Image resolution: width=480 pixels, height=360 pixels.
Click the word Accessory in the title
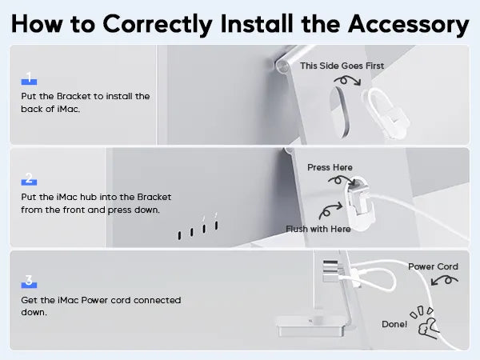[x=408, y=24]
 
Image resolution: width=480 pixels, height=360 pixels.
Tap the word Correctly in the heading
[x=158, y=25]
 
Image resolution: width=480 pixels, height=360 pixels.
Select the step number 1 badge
[x=29, y=78]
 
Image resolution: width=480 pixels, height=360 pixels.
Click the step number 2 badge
[x=29, y=178]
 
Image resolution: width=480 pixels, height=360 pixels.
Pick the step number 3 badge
[x=29, y=282]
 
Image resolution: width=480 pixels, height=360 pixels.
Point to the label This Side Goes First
[x=342, y=66]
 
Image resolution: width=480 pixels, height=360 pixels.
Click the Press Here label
[x=330, y=167]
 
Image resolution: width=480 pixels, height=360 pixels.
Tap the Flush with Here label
[x=318, y=229]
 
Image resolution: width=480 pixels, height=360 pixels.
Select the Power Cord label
[x=433, y=266]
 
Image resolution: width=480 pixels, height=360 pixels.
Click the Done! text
[x=394, y=324]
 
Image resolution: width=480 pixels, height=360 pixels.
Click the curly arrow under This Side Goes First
[x=348, y=81]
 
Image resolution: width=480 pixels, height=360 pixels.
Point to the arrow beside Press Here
[x=342, y=180]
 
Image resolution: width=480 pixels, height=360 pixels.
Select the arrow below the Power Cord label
[x=445, y=280]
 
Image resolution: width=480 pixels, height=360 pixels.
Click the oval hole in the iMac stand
[x=339, y=112]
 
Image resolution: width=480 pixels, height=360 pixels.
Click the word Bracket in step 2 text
[x=154, y=197]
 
